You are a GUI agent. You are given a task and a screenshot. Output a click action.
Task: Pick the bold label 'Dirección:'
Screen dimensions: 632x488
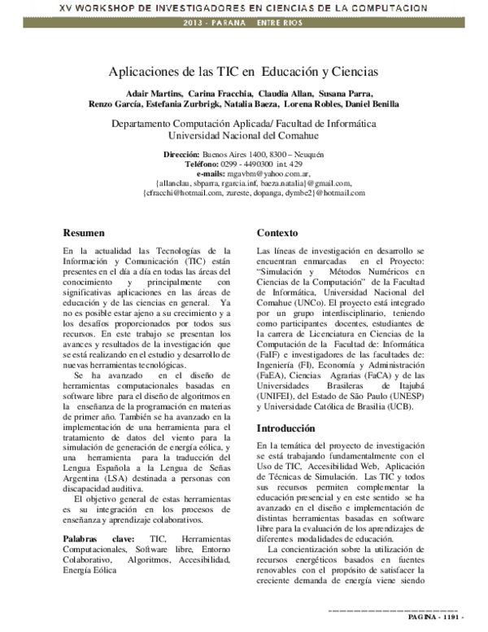[181, 154]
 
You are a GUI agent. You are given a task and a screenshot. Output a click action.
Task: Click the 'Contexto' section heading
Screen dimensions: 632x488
[277, 232]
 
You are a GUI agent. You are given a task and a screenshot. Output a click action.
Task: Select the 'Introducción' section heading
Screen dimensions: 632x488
[285, 428]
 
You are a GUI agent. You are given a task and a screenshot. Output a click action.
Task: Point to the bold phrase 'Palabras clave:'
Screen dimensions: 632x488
[95, 540]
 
